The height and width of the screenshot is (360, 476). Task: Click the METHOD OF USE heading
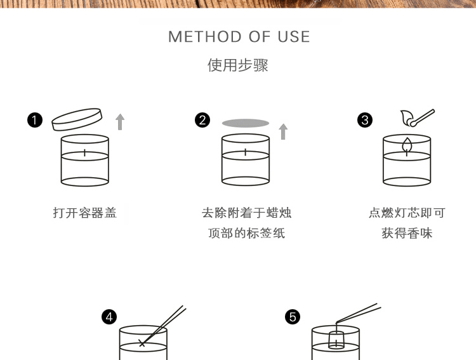coord(239,37)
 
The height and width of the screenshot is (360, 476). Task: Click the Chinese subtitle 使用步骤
coord(238,65)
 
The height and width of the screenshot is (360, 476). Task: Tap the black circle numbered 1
coord(35,119)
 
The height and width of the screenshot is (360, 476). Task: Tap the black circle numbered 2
coord(202,119)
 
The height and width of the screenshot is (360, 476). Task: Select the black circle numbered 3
coord(365,119)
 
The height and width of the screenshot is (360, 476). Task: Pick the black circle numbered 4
coord(110,316)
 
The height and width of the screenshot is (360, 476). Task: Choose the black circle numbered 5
coord(293,316)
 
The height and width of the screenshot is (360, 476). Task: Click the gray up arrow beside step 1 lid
coord(120,121)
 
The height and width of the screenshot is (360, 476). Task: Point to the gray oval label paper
coord(246,123)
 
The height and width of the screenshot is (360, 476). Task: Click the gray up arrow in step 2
coord(283,131)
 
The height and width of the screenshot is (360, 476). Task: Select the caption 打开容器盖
coord(85,213)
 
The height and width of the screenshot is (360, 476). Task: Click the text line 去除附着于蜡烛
coord(246,213)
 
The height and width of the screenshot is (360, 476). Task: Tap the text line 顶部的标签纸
coord(246,233)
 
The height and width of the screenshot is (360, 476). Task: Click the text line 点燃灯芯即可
coord(407,213)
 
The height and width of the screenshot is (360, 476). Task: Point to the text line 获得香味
coord(407,233)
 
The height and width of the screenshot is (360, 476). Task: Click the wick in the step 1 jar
coord(84,152)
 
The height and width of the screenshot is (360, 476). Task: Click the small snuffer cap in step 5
coord(336,339)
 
